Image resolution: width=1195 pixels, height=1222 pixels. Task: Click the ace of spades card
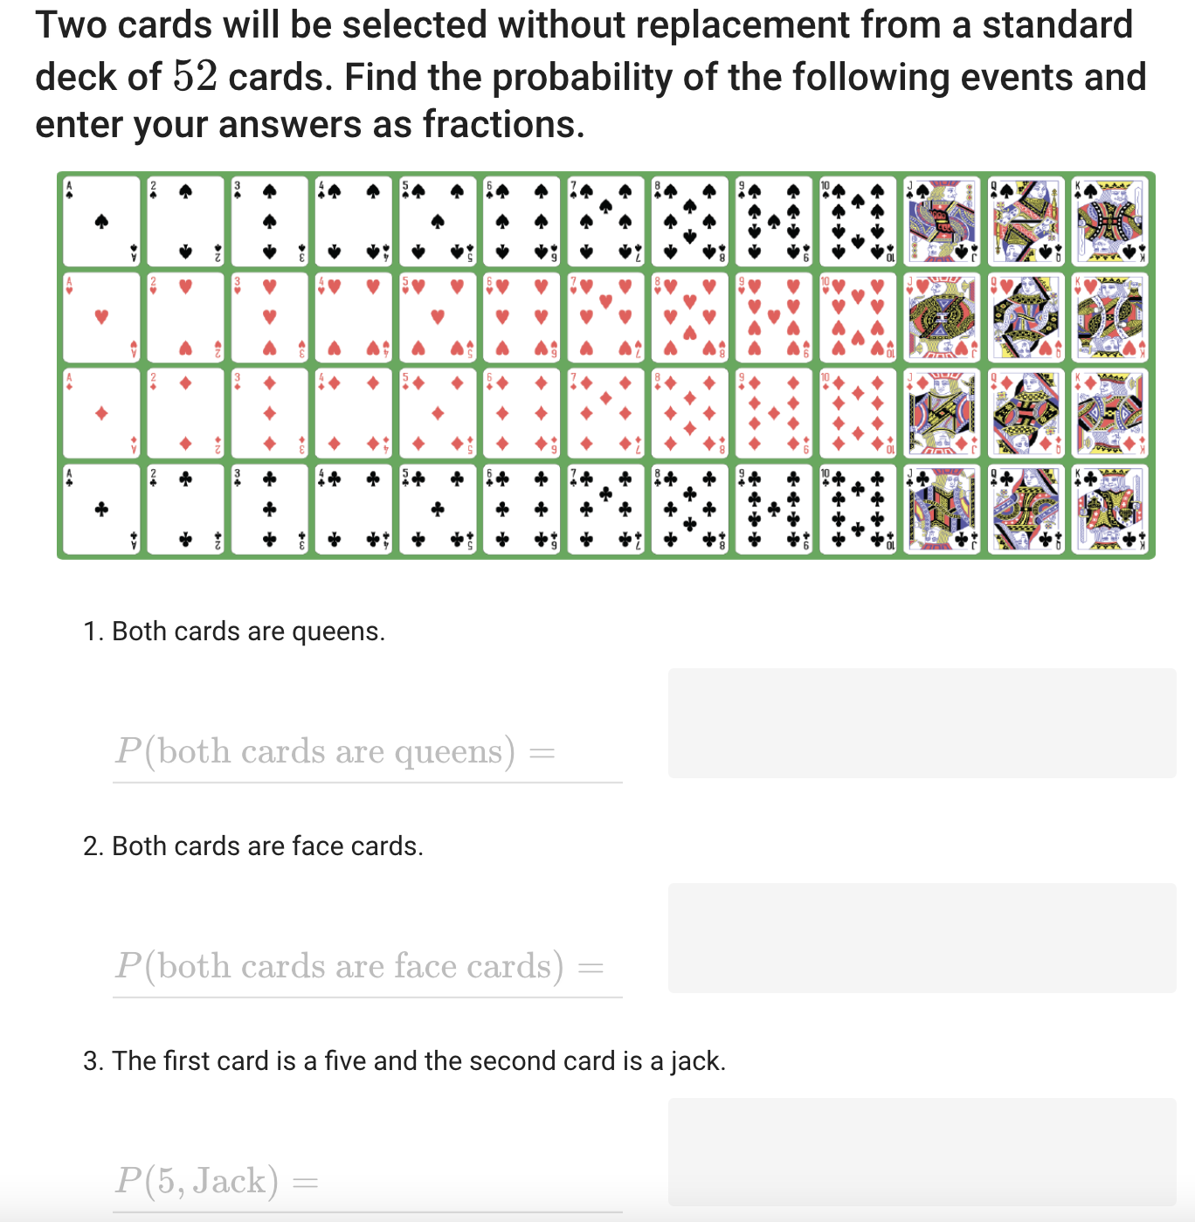point(101,221)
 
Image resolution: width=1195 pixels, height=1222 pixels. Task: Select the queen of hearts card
point(1026,316)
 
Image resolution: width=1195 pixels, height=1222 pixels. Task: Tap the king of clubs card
point(1109,508)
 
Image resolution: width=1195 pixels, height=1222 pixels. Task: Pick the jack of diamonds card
point(942,412)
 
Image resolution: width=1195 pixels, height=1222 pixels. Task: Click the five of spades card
point(438,221)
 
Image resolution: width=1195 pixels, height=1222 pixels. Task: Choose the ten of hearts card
point(858,316)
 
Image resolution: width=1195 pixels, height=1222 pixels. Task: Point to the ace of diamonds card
point(101,412)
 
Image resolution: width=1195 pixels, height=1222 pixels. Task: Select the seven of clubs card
point(605,508)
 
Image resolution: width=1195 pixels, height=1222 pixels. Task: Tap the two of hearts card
point(185,316)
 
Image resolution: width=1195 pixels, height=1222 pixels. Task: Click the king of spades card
point(1109,221)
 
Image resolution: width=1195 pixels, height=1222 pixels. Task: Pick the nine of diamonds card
point(773,412)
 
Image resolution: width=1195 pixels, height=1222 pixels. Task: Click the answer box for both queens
point(922,723)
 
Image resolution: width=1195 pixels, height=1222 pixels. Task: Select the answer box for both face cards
point(922,938)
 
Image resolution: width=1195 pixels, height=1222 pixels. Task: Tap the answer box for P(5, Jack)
point(922,1152)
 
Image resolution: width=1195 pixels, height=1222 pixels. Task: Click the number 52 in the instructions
point(195,77)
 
